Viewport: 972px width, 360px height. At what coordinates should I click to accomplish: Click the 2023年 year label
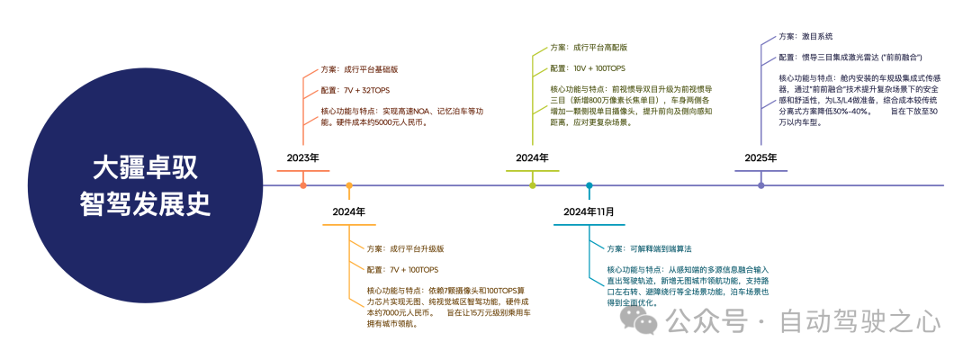pyautogui.click(x=302, y=158)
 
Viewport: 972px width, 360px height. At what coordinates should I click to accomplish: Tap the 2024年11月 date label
pyautogui.click(x=589, y=212)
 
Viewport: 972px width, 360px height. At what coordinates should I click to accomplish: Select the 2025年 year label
pyautogui.click(x=760, y=158)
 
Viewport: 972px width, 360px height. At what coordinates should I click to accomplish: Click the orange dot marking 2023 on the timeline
pyautogui.click(x=303, y=185)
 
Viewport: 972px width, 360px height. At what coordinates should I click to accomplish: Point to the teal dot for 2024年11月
pyautogui.click(x=589, y=185)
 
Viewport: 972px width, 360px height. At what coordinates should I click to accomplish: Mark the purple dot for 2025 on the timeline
pyautogui.click(x=761, y=185)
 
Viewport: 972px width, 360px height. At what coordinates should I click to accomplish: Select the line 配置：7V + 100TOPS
pyautogui.click(x=402, y=269)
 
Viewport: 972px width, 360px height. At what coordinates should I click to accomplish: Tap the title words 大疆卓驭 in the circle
pyautogui.click(x=144, y=168)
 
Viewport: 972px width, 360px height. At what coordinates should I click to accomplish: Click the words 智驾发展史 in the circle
pyautogui.click(x=144, y=204)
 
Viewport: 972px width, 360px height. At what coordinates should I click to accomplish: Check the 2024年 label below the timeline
pyautogui.click(x=348, y=212)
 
